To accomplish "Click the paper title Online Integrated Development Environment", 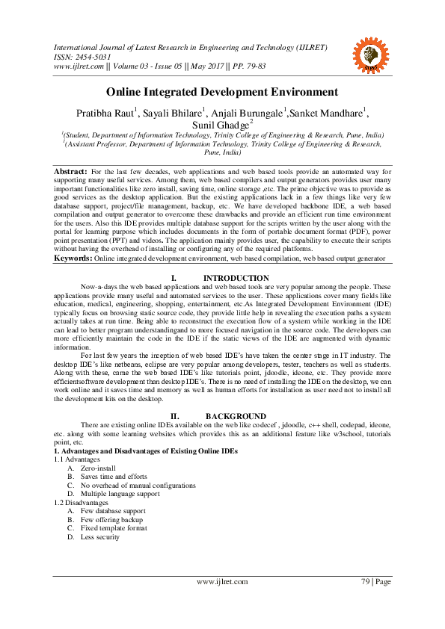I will tap(222, 92).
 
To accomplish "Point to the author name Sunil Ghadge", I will tap(221, 124).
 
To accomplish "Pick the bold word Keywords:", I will tap(73, 258).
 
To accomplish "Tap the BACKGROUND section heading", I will tap(236, 416).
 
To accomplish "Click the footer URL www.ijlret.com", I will tap(223, 581).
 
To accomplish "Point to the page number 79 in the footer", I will tap(366, 581).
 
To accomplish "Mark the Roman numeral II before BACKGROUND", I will tap(174, 416).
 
